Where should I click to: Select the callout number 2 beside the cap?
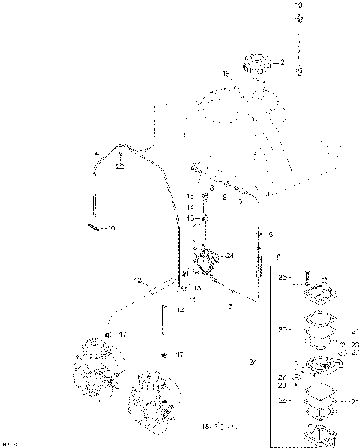283,63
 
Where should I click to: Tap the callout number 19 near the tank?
225,74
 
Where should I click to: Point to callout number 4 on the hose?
97,153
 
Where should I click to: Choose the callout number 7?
200,181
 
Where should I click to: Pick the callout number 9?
224,196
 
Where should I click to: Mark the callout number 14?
190,206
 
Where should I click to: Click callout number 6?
271,235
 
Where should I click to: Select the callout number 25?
283,277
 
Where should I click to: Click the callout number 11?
192,300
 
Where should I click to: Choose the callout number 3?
230,306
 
